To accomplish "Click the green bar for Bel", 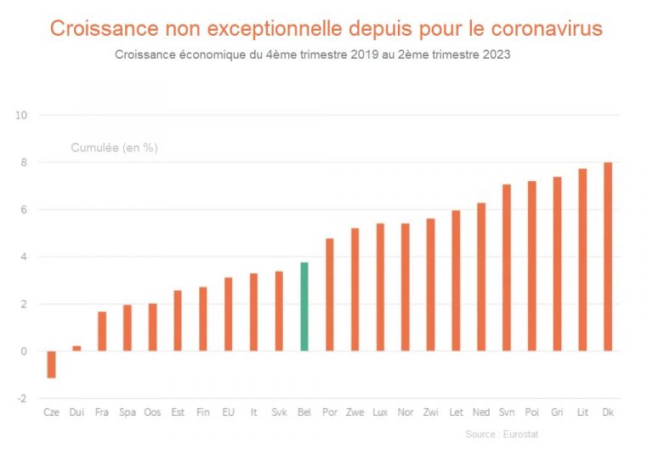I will [x=304, y=307].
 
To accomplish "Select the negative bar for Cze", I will [x=51, y=364].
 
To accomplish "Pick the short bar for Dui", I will [x=77, y=348].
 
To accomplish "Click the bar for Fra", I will [x=102, y=331].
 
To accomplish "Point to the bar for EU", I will [x=228, y=314].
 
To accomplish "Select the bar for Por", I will [x=330, y=294].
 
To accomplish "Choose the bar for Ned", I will [x=481, y=276].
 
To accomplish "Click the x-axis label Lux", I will [x=380, y=412].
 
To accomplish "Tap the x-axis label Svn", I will [x=507, y=412].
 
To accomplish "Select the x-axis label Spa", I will [x=128, y=412].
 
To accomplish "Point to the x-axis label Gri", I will [x=557, y=412].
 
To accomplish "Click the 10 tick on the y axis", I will [x=21, y=115].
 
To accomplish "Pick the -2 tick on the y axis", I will [x=21, y=399].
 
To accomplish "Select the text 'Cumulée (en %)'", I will [x=114, y=148].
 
